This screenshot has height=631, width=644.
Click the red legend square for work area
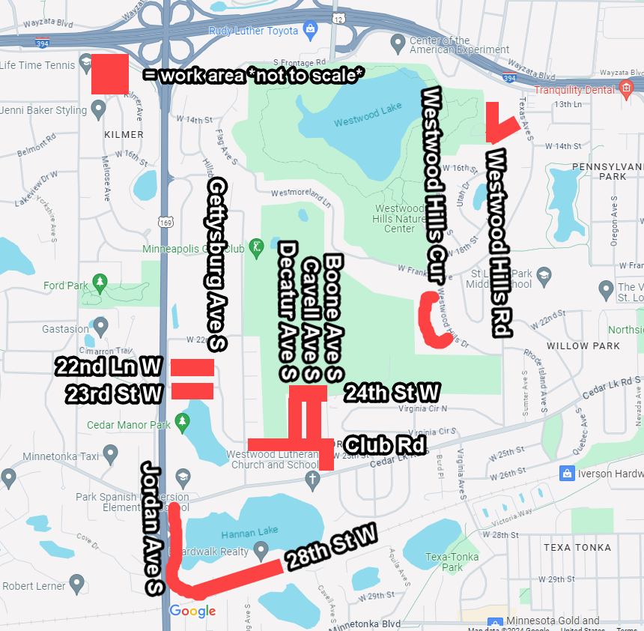coord(110,74)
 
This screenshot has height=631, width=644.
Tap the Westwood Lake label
coord(358,122)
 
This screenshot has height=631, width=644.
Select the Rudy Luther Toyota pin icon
coord(310,31)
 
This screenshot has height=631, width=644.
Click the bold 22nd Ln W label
coord(109,366)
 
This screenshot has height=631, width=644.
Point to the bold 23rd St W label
coord(114,393)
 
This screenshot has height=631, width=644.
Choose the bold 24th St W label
coord(392,392)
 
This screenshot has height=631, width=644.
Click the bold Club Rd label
coord(385,445)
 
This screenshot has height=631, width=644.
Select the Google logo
coord(192,612)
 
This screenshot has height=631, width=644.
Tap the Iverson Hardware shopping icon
coord(567,473)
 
